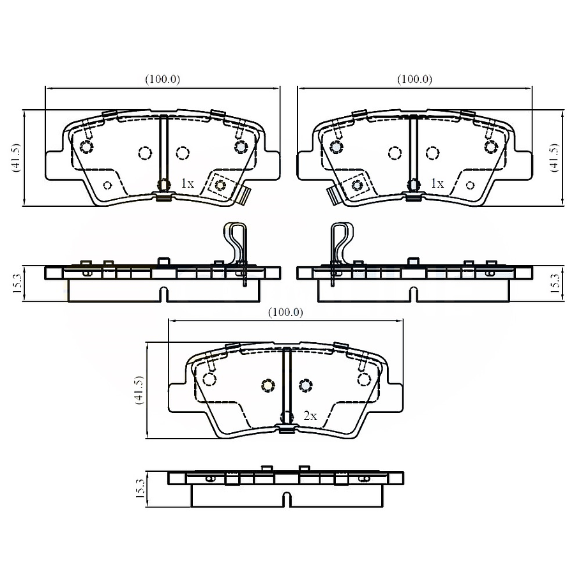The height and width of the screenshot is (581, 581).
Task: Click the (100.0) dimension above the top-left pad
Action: tap(162, 80)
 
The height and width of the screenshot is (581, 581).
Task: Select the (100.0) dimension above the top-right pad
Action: tap(414, 80)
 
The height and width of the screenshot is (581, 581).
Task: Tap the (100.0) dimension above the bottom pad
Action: tap(285, 312)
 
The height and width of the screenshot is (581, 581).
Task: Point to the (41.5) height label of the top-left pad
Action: tap(16, 158)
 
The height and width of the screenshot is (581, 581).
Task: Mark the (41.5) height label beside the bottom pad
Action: tap(137, 391)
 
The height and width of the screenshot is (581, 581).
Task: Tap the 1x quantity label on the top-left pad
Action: tap(186, 183)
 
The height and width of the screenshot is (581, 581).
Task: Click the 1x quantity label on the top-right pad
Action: tap(437, 183)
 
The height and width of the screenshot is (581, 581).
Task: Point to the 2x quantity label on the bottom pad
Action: tap(310, 416)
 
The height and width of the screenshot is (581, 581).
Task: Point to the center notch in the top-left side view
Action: tap(163, 294)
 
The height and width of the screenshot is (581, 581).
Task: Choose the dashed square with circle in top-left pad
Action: tap(222, 185)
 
